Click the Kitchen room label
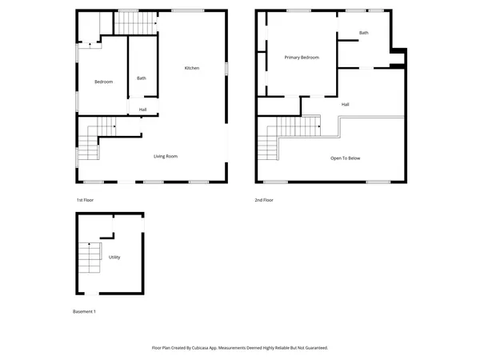point(192,68)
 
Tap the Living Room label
point(165,155)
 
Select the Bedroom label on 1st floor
point(103,82)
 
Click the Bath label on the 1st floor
point(142,78)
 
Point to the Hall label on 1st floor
point(142,110)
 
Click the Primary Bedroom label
point(302,58)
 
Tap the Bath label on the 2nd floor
point(364,33)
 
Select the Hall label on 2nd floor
point(345,104)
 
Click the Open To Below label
point(346,158)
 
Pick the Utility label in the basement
point(114,257)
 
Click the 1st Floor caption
point(85,199)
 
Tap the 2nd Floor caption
point(264,199)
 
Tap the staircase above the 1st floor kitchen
point(134,25)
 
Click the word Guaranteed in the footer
point(312,348)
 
